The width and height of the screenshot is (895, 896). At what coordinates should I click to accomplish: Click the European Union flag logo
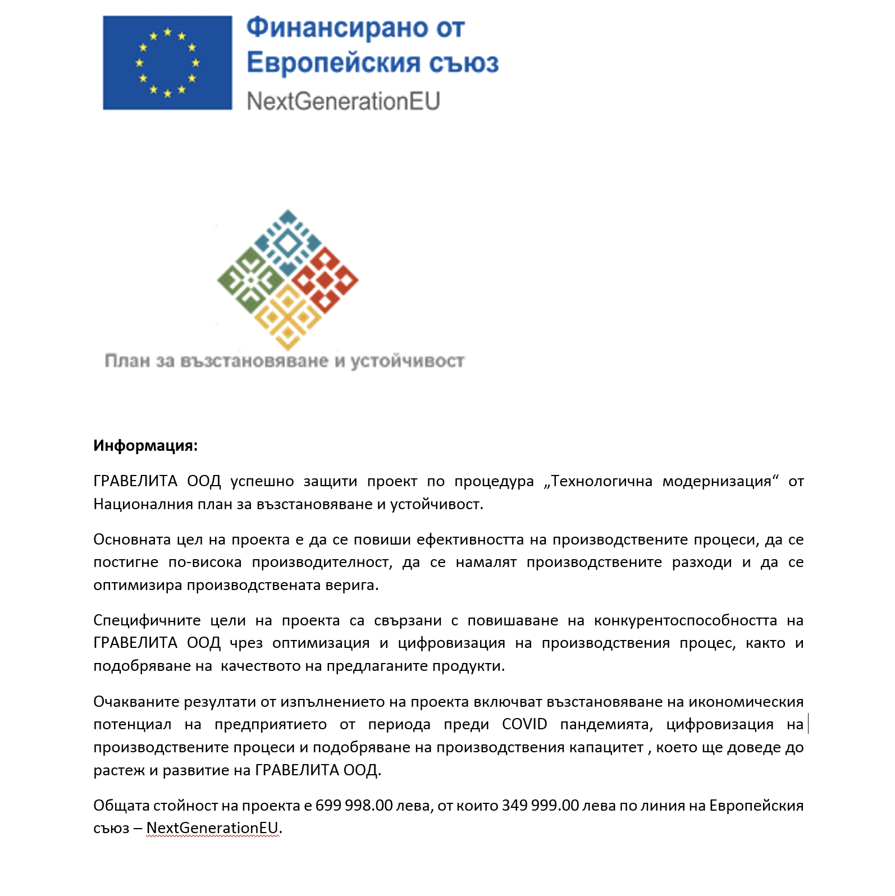pyautogui.click(x=167, y=63)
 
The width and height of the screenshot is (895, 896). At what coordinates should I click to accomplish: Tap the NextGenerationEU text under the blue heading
pyautogui.click(x=343, y=102)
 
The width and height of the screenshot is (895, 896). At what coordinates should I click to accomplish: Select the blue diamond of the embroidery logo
pyautogui.click(x=288, y=242)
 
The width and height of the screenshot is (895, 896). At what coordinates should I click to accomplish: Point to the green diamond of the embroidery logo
pyautogui.click(x=250, y=280)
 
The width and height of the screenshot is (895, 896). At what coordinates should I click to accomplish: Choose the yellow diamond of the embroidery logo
pyautogui.click(x=287, y=317)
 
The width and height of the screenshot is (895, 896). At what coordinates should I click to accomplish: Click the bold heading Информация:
pyautogui.click(x=145, y=446)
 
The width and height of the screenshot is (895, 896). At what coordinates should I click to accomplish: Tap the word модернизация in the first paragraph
pyautogui.click(x=717, y=482)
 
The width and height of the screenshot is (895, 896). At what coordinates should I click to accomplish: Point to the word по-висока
pyautogui.click(x=205, y=563)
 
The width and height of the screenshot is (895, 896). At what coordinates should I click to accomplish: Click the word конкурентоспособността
pyautogui.click(x=685, y=620)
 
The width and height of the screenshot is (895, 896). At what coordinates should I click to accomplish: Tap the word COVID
pyautogui.click(x=524, y=724)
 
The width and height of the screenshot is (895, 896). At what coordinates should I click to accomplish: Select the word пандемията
pyautogui.click(x=606, y=725)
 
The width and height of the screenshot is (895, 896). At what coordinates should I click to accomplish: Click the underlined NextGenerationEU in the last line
pyautogui.click(x=212, y=828)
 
